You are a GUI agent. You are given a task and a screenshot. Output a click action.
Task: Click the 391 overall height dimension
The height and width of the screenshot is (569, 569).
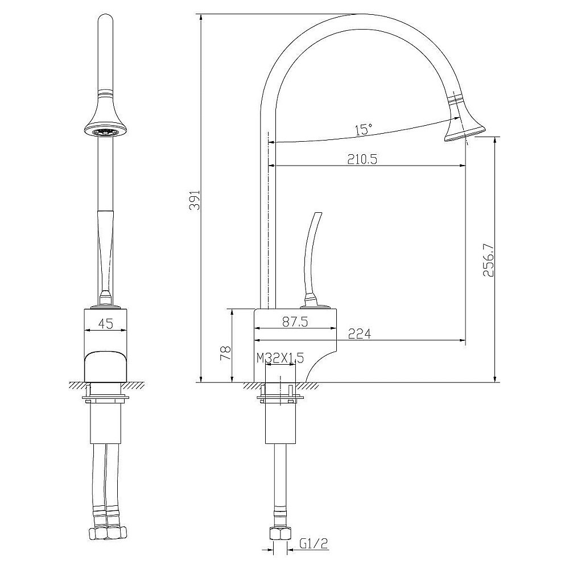coord(196,200)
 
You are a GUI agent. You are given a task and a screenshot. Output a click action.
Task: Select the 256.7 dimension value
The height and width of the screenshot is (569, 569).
coord(488,260)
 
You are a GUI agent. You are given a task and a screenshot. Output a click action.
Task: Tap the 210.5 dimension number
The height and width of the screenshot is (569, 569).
coord(362,159)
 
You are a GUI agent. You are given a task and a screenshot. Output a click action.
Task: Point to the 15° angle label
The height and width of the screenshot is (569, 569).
coord(363,129)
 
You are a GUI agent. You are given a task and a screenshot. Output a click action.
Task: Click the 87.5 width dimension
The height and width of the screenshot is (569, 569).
coord(295,322)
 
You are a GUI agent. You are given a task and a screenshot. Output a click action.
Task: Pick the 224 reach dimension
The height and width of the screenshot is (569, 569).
coord(359,333)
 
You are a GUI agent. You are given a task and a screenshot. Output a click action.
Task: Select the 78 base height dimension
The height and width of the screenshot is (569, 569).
coord(225,352)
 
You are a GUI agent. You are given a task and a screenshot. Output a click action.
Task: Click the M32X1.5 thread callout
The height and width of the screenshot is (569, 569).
coord(280,358)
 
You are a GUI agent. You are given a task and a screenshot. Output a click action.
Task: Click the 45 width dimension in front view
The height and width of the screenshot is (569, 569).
coord(106,323)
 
